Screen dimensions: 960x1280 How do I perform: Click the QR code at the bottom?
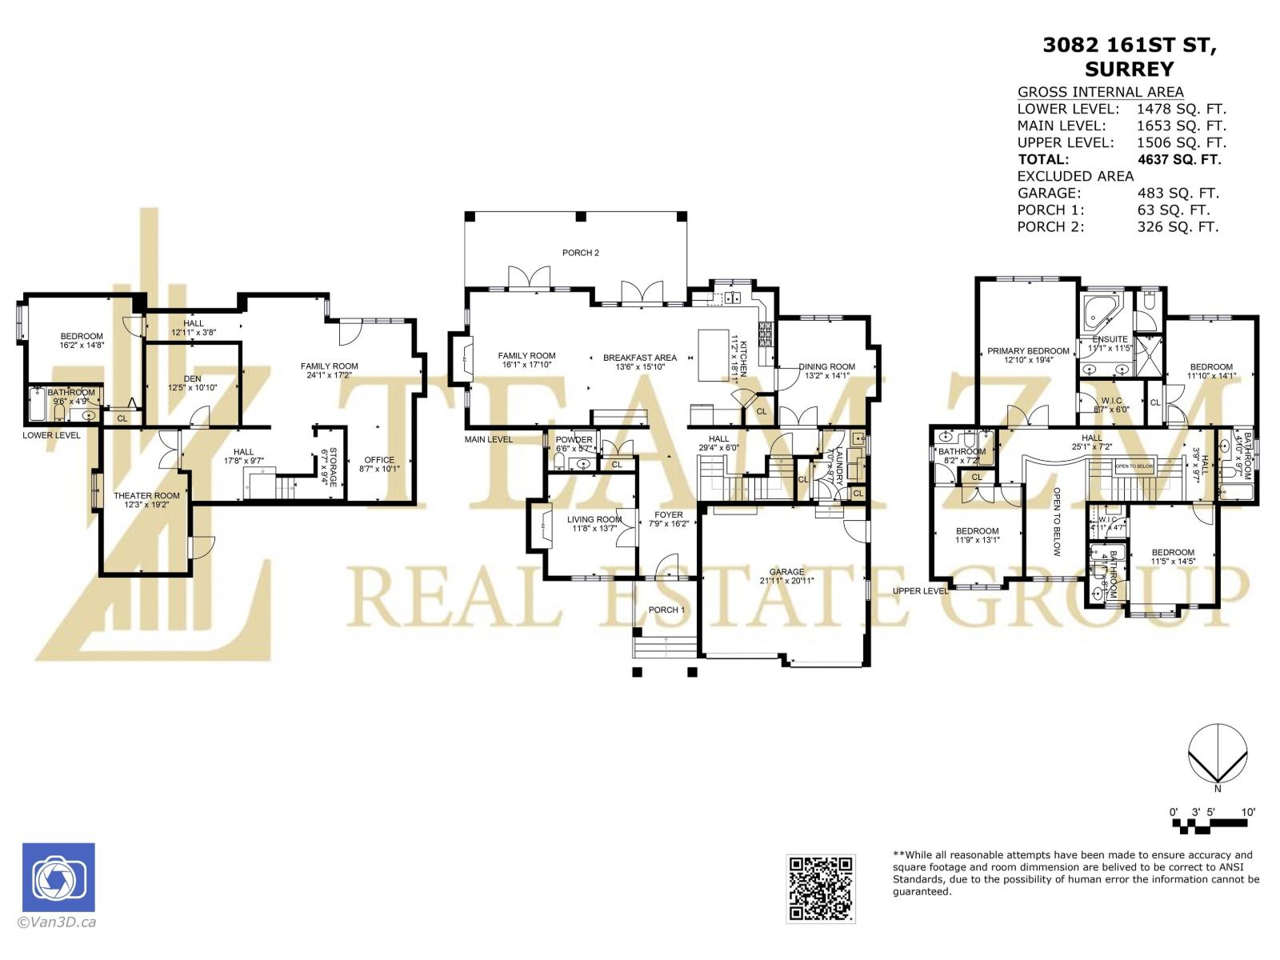(820, 888)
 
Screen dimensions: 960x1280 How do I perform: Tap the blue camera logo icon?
(58, 878)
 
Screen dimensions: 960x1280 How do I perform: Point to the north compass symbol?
(1217, 756)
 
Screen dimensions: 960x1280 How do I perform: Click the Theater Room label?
(146, 496)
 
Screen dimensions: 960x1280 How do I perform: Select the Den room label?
(192, 378)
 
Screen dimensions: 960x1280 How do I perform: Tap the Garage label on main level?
(786, 572)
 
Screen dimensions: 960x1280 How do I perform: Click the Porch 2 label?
(580, 253)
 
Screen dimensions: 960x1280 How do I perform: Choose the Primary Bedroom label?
(1028, 351)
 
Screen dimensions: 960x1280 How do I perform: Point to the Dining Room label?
(826, 367)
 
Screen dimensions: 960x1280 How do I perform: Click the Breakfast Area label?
(640, 358)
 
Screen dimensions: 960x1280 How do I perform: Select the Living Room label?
(594, 520)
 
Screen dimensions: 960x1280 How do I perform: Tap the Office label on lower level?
(379, 460)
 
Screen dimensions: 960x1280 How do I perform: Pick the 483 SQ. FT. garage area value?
(1178, 193)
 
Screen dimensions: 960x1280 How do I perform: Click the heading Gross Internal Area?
(1100, 92)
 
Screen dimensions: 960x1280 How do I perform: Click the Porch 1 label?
(666, 610)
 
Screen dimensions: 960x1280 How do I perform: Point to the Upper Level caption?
(920, 591)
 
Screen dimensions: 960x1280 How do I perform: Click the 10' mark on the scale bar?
(1248, 812)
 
